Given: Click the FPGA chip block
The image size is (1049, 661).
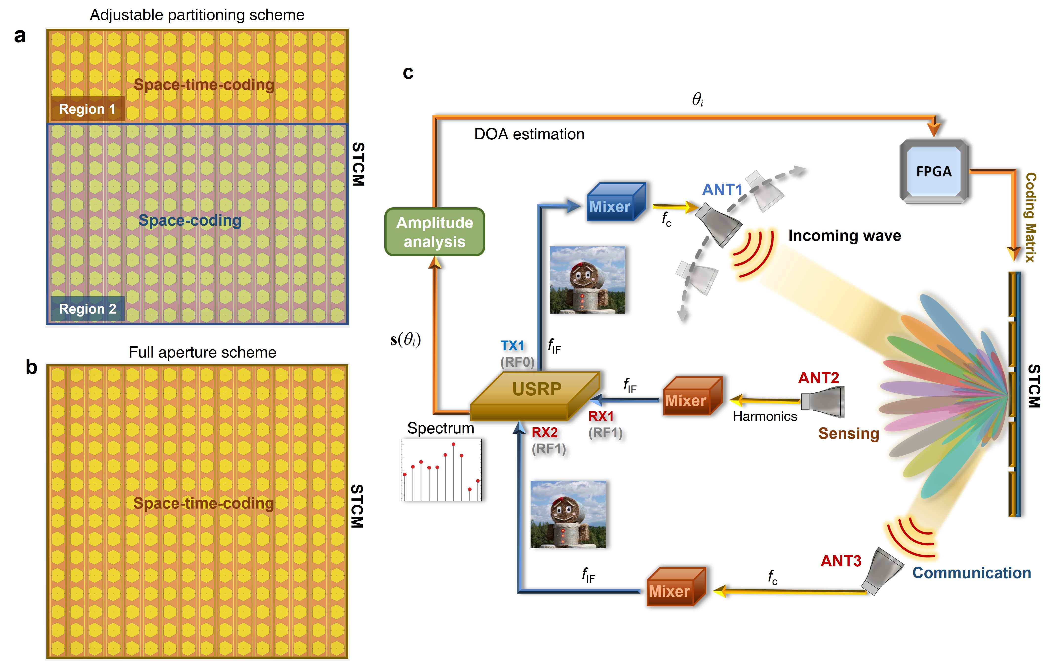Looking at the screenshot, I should click(933, 171).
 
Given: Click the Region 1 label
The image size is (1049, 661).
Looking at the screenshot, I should click(88, 109).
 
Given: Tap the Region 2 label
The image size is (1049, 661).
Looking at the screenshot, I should click(88, 309).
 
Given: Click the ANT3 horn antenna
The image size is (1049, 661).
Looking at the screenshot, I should click(882, 570).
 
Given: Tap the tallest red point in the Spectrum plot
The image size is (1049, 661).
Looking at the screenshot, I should click(454, 444).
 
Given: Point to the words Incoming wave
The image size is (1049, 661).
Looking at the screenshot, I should click(844, 236).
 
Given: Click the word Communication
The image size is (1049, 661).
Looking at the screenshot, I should click(971, 573).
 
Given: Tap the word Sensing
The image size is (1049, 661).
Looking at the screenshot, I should click(848, 433).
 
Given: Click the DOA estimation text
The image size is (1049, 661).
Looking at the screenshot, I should click(529, 134).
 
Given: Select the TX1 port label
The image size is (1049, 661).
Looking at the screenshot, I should click(512, 346).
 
